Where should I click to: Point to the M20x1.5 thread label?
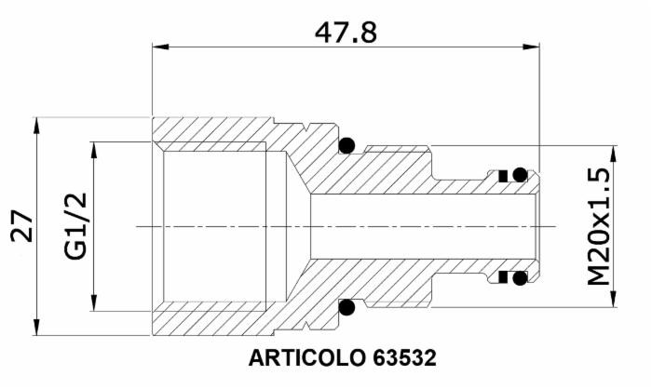click(598, 226)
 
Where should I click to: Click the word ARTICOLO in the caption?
click(306, 357)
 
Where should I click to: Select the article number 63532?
click(403, 357)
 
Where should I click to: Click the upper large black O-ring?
click(347, 144)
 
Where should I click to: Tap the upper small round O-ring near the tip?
click(520, 174)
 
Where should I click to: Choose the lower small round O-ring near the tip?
click(520, 277)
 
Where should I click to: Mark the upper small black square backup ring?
click(502, 175)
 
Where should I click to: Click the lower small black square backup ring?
click(502, 277)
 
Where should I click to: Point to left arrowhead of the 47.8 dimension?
click(158, 47)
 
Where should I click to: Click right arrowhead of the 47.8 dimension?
click(534, 47)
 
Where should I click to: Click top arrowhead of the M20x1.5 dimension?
click(612, 152)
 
